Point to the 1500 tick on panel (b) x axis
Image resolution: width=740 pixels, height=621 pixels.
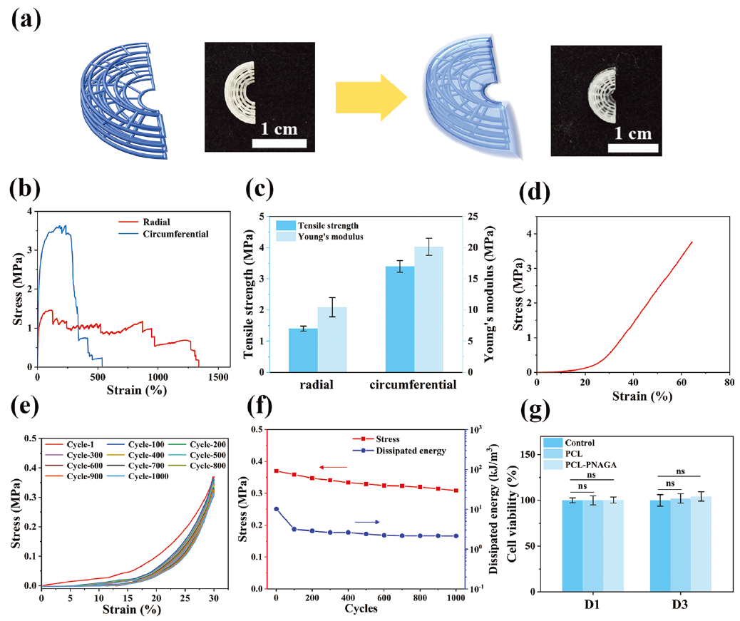click(x=218, y=376)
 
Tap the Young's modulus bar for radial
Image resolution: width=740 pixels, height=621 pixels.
click(x=332, y=339)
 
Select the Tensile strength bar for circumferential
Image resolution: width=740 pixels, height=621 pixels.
click(x=399, y=319)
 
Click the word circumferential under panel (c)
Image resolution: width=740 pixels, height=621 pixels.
click(x=413, y=386)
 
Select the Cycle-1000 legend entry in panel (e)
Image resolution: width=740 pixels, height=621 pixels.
click(x=146, y=476)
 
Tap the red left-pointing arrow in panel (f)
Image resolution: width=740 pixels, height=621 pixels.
click(x=332, y=467)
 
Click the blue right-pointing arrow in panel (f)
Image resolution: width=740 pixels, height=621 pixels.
click(x=366, y=522)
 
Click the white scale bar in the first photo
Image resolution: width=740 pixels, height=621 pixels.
click(x=279, y=143)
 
